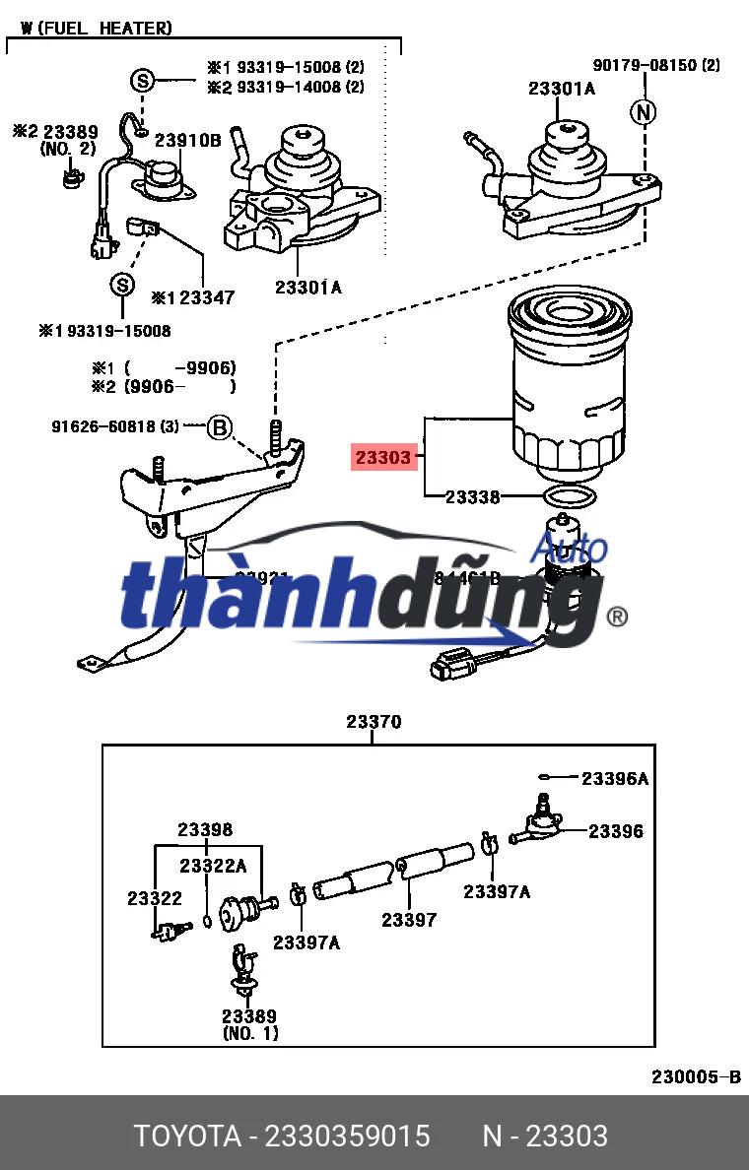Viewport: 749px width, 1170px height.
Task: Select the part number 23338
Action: click(472, 497)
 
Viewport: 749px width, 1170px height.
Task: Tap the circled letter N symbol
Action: click(644, 113)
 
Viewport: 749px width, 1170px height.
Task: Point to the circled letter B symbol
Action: click(220, 427)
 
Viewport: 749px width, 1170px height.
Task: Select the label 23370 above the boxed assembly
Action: click(374, 722)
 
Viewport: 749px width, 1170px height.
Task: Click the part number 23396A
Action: click(614, 779)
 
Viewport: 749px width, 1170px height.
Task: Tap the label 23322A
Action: click(212, 865)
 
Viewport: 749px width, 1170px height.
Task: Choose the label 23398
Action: click(205, 830)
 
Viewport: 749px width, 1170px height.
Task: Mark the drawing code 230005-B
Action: click(695, 1076)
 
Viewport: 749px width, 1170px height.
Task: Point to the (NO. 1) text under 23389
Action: click(249, 1033)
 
